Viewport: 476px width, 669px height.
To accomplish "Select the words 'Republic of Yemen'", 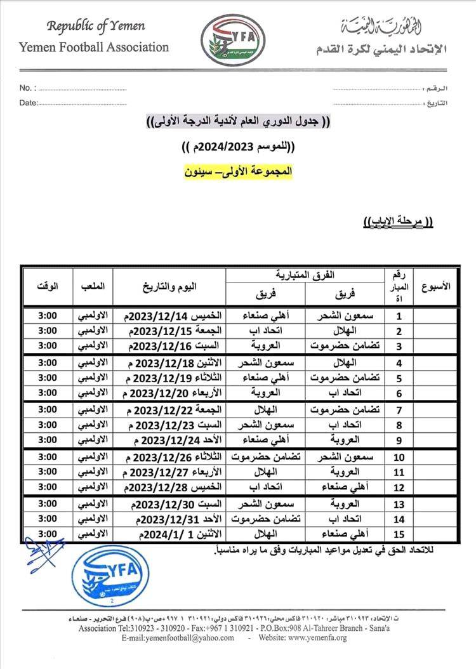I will click(96, 26).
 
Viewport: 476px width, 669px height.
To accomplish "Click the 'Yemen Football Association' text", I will click(94, 47).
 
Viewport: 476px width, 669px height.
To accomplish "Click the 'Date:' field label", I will click(29, 103).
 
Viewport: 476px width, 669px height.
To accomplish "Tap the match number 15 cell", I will click(400, 534).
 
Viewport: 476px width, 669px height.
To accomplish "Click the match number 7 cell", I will click(400, 409).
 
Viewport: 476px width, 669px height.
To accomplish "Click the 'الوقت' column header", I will click(48, 286).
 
